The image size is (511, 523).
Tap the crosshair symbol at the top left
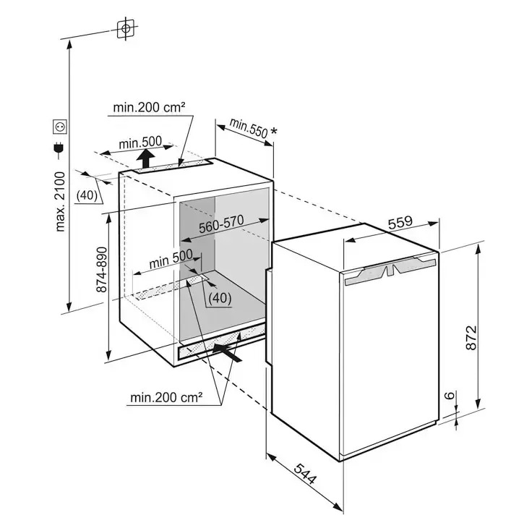(x=126, y=28)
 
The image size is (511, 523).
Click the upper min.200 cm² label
(x=149, y=108)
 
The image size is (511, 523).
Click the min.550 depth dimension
(x=248, y=129)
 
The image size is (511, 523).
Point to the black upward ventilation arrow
(x=147, y=157)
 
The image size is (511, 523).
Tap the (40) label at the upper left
(x=87, y=195)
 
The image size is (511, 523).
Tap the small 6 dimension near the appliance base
(x=448, y=396)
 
